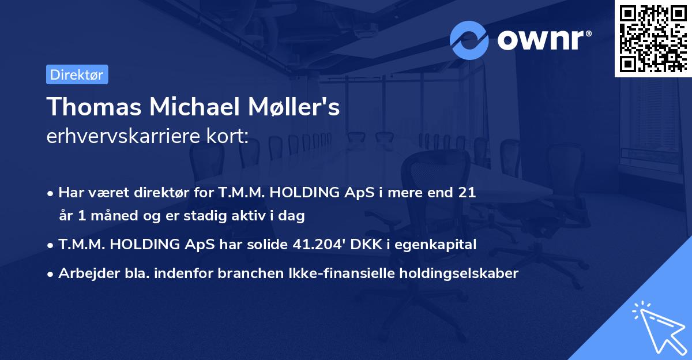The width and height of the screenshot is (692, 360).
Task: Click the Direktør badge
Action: (77, 74)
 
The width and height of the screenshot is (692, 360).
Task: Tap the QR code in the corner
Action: (653, 38)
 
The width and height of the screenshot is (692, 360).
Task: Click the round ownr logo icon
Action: (469, 40)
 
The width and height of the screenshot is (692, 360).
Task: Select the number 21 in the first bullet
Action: (467, 193)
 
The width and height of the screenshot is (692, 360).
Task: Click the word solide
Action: (266, 245)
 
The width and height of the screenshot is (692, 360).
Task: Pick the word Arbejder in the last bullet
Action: (85, 273)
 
